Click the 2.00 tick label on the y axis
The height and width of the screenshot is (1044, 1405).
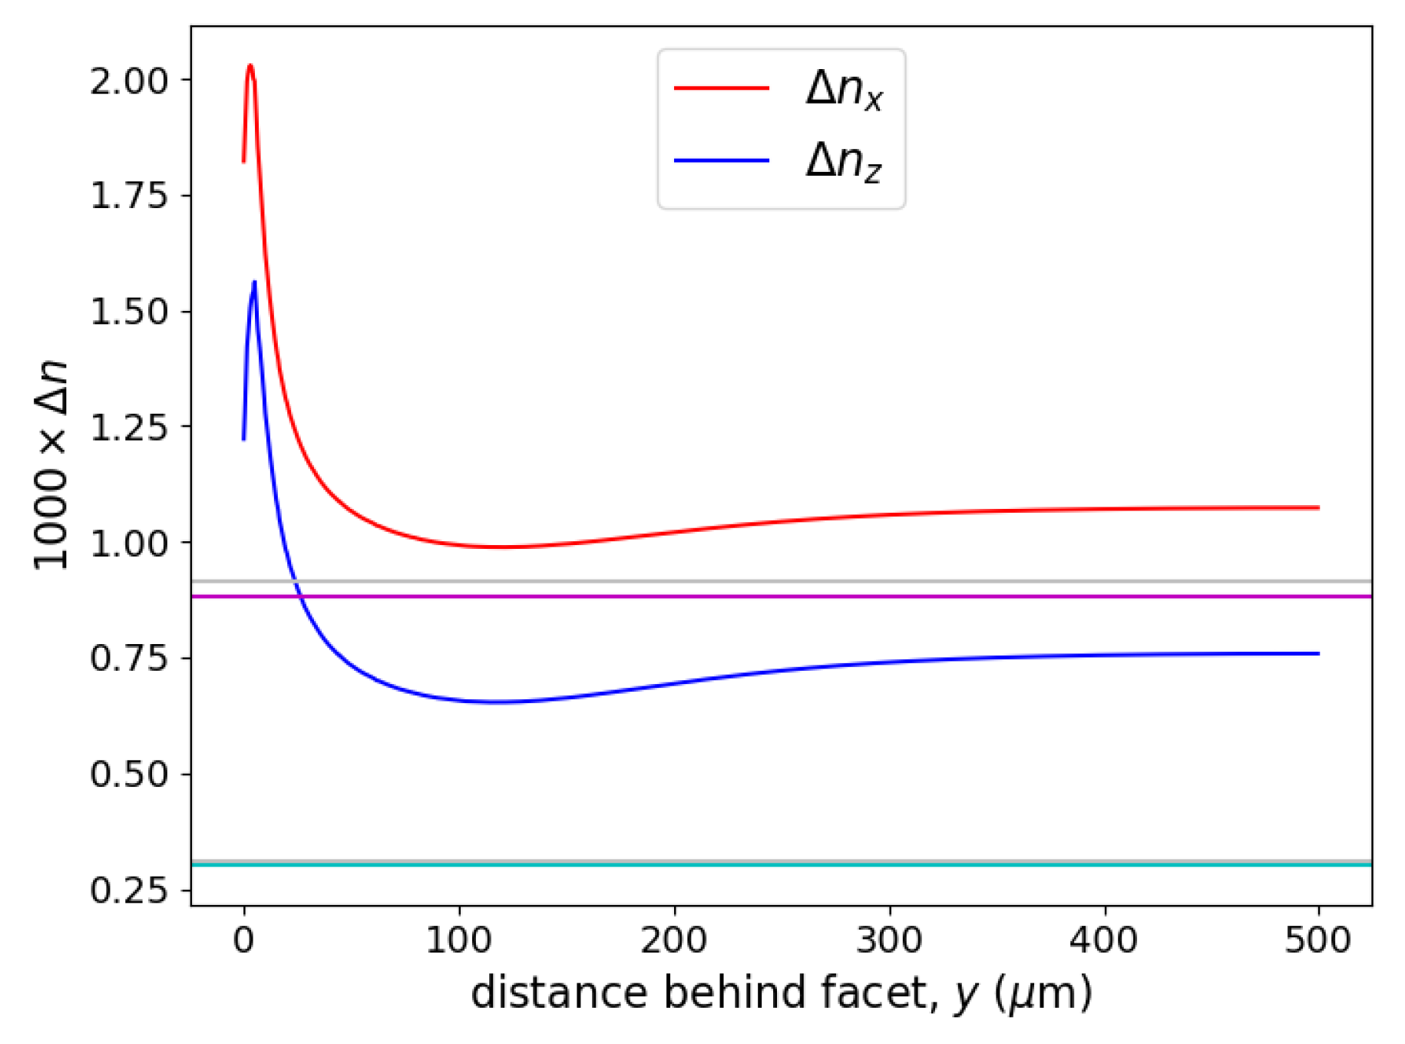(128, 81)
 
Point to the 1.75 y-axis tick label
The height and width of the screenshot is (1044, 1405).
(128, 197)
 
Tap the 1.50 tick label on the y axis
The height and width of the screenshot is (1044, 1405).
(128, 312)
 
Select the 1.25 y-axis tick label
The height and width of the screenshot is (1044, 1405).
(128, 428)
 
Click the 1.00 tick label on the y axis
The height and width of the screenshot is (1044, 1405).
(128, 543)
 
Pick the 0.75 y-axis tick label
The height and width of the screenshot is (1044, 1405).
(128, 659)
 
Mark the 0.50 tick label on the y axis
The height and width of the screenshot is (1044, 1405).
(128, 775)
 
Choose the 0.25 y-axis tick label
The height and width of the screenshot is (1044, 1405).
(128, 890)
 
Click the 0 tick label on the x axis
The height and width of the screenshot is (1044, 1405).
(244, 940)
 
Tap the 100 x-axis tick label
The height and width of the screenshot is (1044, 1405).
(459, 940)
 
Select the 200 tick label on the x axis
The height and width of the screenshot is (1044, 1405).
(674, 940)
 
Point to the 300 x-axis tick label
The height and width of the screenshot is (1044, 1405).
(889, 940)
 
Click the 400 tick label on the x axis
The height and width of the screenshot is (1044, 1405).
(1104, 940)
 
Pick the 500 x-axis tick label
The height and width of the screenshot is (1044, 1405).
(1318, 940)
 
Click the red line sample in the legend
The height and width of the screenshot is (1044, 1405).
(721, 88)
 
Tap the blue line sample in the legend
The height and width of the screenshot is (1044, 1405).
(721, 160)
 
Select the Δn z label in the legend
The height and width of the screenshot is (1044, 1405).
(844, 163)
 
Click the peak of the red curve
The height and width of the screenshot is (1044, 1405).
(250, 66)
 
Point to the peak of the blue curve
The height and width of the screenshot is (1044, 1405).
(254, 282)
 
